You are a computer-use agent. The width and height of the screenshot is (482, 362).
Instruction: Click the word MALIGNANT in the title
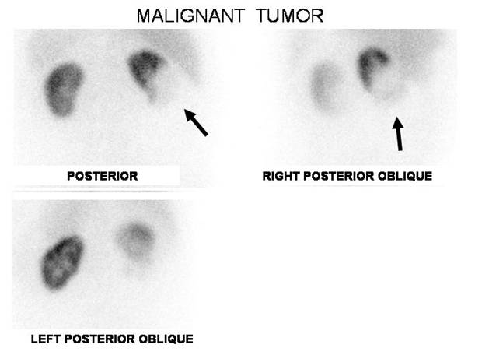click(x=190, y=16)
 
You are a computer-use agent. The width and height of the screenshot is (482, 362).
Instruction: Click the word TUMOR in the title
click(x=289, y=16)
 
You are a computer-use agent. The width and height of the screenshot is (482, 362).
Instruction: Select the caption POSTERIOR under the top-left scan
click(x=103, y=176)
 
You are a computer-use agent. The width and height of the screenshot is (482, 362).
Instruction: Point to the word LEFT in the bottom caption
click(x=46, y=339)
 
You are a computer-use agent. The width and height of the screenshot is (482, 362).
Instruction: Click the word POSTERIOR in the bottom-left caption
click(x=100, y=339)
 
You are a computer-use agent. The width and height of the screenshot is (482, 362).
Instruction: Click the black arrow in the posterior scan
click(x=196, y=122)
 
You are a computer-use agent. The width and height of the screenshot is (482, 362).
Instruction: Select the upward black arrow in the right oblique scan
click(x=398, y=134)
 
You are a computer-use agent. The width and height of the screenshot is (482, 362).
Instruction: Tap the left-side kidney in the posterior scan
click(x=64, y=90)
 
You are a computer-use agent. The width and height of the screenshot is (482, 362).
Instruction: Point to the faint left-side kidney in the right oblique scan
click(x=324, y=86)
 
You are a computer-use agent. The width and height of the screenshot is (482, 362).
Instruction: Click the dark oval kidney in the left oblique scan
click(x=62, y=262)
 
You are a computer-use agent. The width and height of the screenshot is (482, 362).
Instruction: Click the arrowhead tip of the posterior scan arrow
click(x=184, y=109)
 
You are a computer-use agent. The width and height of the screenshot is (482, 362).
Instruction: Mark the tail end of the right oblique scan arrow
click(x=400, y=150)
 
